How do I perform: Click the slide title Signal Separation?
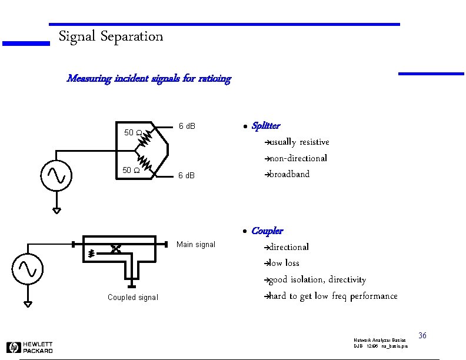[x=111, y=36]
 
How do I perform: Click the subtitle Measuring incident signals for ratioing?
[x=149, y=78]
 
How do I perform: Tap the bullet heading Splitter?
[x=265, y=126]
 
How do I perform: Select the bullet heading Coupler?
[x=267, y=231]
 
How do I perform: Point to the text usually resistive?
[x=299, y=142]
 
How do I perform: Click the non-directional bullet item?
[x=298, y=158]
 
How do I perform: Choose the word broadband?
[x=289, y=174]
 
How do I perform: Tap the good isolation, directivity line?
[x=317, y=279]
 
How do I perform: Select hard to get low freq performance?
[x=333, y=296]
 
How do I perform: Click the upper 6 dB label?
[x=187, y=126]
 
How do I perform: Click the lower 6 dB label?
[x=187, y=176]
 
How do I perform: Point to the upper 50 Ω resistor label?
[x=131, y=132]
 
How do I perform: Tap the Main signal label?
[x=196, y=245]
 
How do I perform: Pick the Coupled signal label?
[x=132, y=298]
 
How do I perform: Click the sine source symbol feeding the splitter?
[x=57, y=175]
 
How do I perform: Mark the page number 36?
[x=422, y=336]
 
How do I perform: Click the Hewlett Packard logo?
[x=29, y=347]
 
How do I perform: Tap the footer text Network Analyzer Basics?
[x=380, y=341]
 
